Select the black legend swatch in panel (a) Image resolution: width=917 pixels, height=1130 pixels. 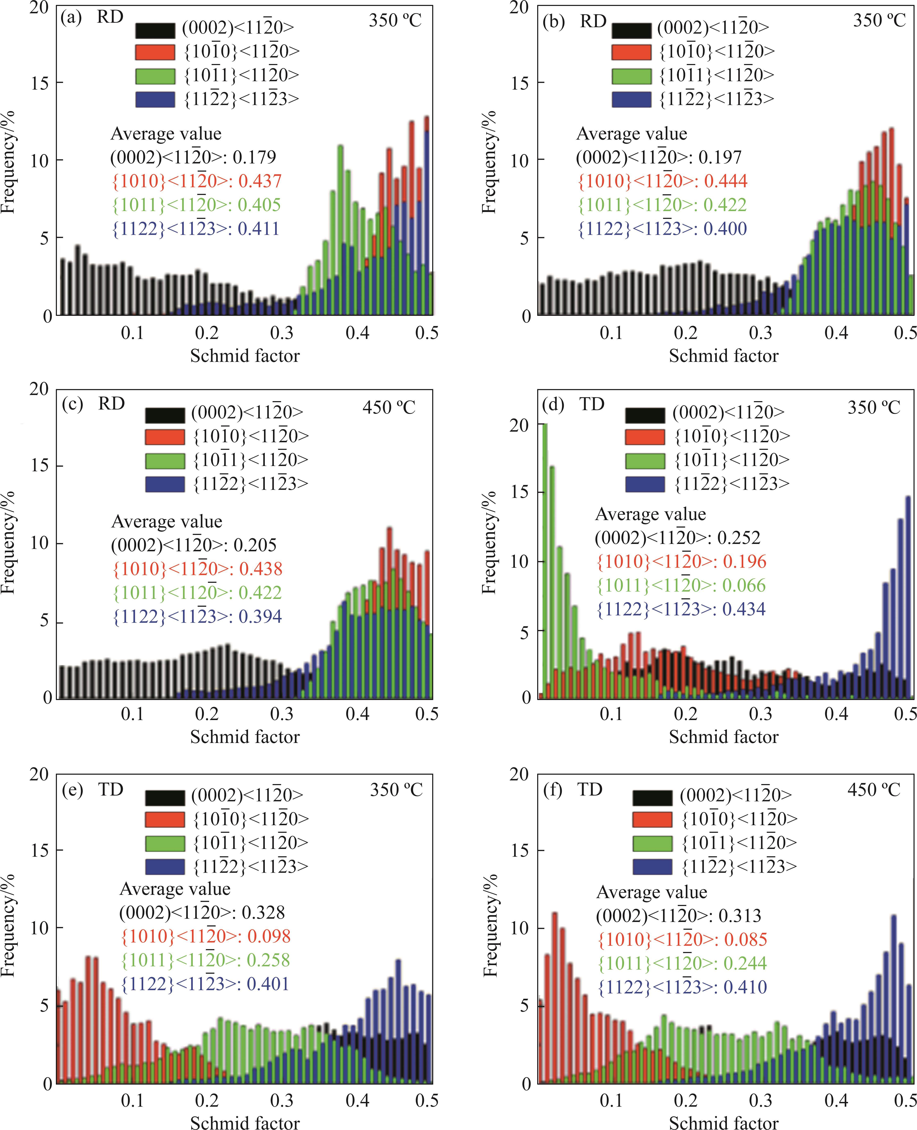[155, 30]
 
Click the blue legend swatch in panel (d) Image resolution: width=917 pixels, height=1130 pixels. [645, 484]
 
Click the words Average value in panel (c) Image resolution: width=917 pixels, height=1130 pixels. [166, 521]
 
